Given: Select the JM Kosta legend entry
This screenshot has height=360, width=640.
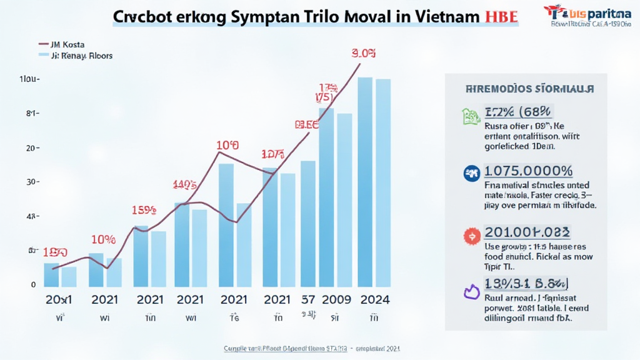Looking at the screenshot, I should tap(69, 44).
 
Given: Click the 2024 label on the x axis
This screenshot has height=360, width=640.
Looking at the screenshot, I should tap(374, 299).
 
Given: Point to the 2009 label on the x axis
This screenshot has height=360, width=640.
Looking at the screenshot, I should tap(336, 299).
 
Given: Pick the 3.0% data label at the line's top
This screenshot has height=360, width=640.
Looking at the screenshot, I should tap(363, 54).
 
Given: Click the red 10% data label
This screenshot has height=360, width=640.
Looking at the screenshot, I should tap(103, 239).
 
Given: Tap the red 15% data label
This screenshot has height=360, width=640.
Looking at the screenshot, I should tap(144, 211).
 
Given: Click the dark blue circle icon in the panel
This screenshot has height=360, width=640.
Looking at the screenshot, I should tap(471, 172).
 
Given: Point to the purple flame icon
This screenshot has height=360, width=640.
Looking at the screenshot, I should tap(470, 291).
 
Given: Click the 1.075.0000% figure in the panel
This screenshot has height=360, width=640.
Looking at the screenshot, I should tap(529, 171).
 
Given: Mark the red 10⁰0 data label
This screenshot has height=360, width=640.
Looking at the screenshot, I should tap(227, 146).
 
